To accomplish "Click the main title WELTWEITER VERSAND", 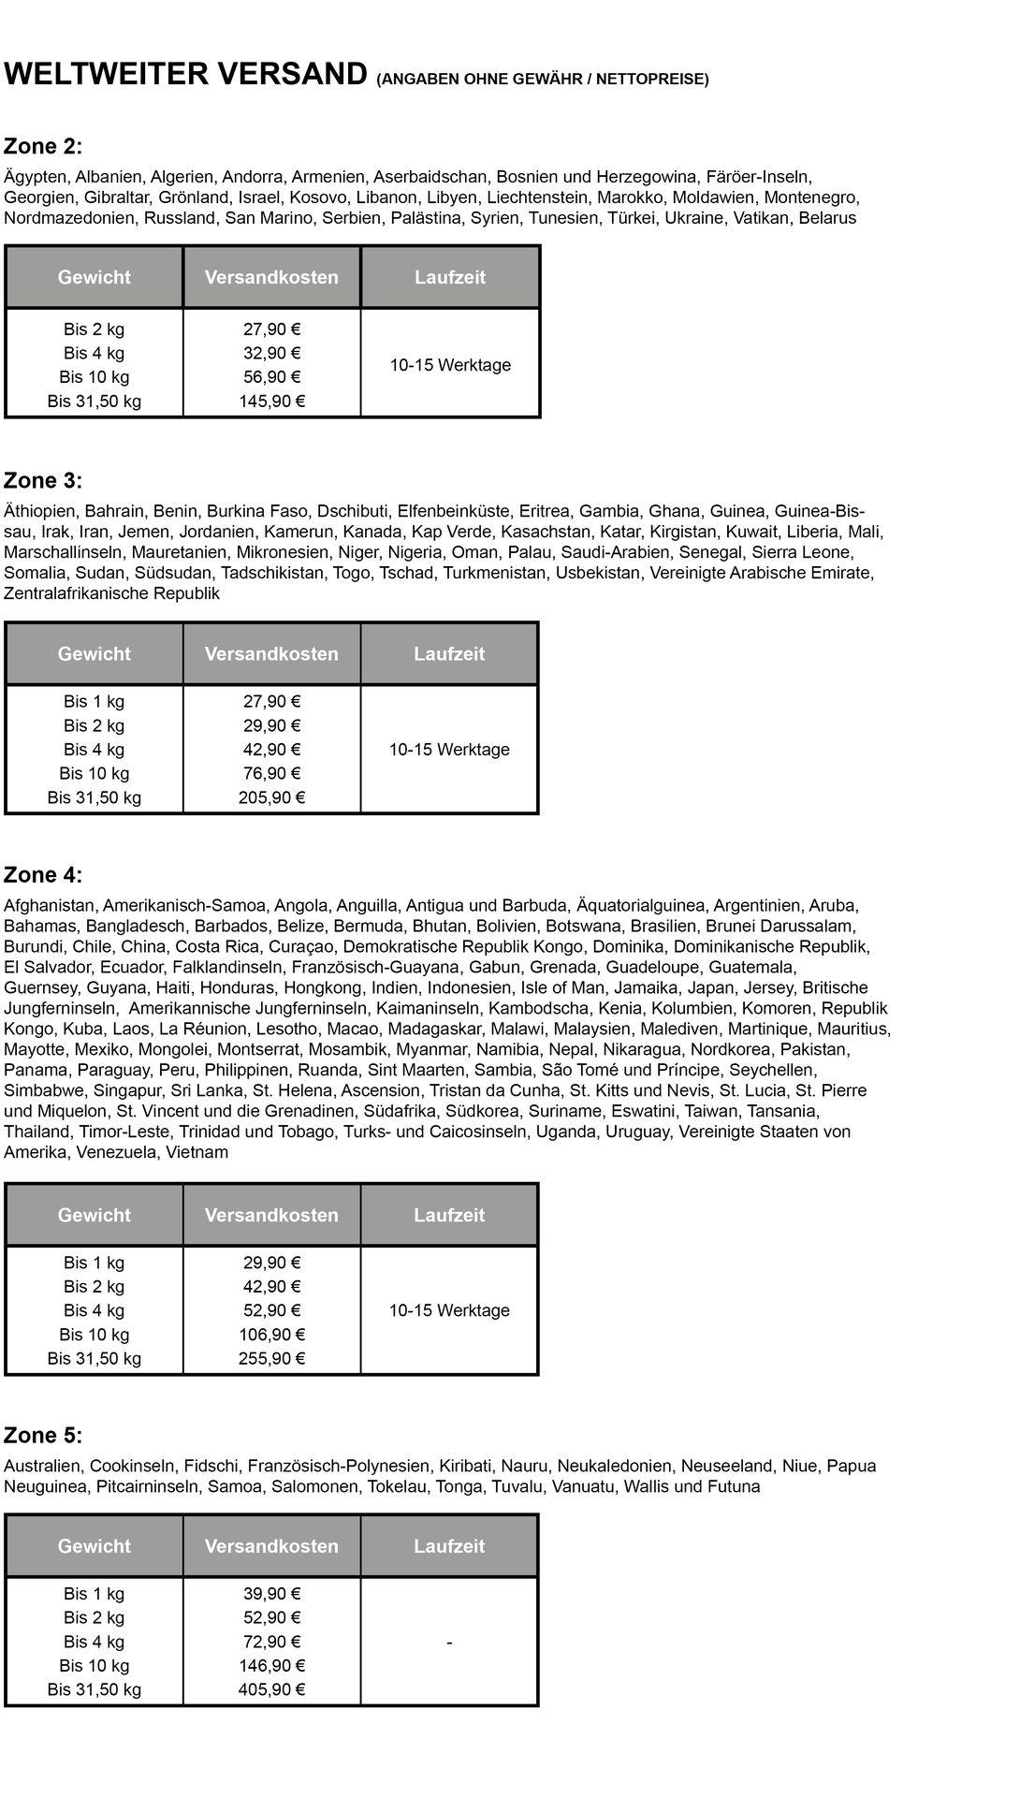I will [185, 74].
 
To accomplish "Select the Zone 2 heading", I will [43, 146].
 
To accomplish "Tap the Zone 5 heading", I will [43, 1436].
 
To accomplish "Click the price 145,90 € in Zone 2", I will [271, 402].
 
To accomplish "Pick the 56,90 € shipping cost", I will [271, 377].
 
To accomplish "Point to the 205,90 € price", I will [271, 797].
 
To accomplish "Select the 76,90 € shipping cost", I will [271, 773].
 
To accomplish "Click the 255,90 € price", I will [271, 1358].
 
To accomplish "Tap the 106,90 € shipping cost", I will [271, 1335].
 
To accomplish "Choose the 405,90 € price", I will [271, 1689].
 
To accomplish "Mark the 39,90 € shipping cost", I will [271, 1594].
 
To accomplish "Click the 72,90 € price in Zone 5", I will [271, 1642].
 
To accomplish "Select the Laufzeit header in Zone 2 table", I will [450, 277].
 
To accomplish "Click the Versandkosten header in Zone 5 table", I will [271, 1546].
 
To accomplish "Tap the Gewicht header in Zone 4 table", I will [95, 1215].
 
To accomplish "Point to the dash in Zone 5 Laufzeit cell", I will [450, 1643].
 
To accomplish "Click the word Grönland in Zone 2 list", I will [194, 197].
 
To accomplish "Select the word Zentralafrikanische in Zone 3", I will [76, 593].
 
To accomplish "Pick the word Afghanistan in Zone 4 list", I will [50, 905].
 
